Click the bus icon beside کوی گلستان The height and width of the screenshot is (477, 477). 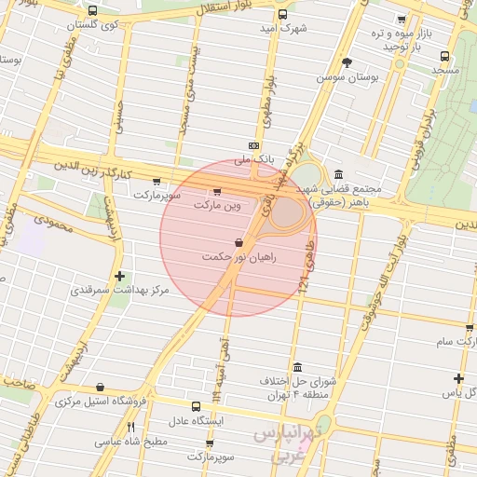click(x=91, y=11)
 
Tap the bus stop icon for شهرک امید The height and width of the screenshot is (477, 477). click(x=283, y=14)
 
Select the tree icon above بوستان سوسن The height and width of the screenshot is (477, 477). click(x=348, y=62)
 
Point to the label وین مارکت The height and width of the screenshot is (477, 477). click(x=217, y=203)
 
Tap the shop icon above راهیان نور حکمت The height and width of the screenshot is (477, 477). click(x=238, y=242)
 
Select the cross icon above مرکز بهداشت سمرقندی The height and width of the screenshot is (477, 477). click(x=119, y=276)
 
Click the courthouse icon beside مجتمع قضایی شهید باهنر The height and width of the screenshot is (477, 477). click(x=336, y=175)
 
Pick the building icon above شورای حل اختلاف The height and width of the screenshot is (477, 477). click(x=297, y=367)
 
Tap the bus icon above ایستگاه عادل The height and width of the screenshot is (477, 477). click(x=196, y=406)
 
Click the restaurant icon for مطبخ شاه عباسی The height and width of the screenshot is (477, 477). click(x=130, y=426)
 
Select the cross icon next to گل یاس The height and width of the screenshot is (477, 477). click(x=457, y=377)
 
